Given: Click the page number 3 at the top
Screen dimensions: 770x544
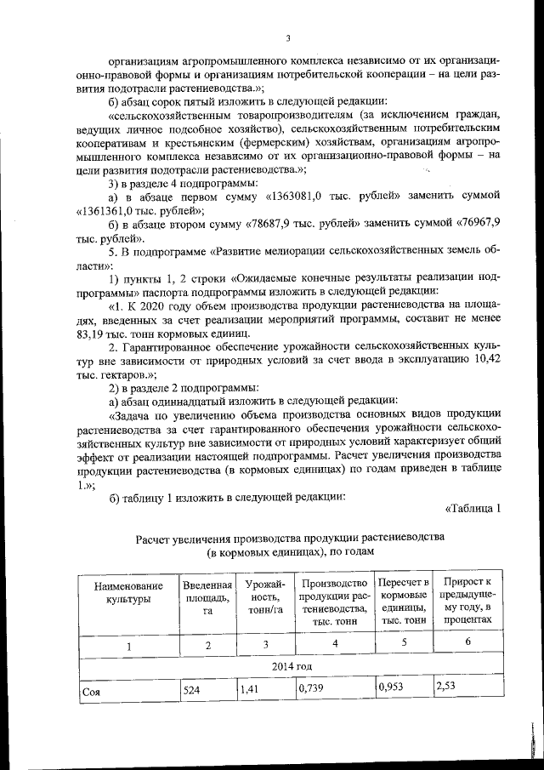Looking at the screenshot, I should (x=288, y=37).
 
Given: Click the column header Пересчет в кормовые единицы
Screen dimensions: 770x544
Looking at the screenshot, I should (x=404, y=601).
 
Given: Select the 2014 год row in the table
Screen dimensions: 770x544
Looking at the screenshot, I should (x=292, y=666).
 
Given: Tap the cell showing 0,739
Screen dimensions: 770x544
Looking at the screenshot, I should (x=308, y=691).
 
